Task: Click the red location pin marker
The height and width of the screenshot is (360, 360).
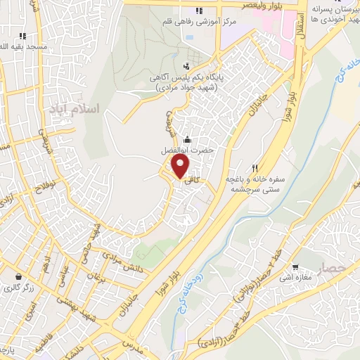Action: click(x=181, y=167)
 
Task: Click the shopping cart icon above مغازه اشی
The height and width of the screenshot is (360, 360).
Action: click(x=295, y=266)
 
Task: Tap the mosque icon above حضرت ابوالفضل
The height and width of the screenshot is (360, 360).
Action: click(x=187, y=139)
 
